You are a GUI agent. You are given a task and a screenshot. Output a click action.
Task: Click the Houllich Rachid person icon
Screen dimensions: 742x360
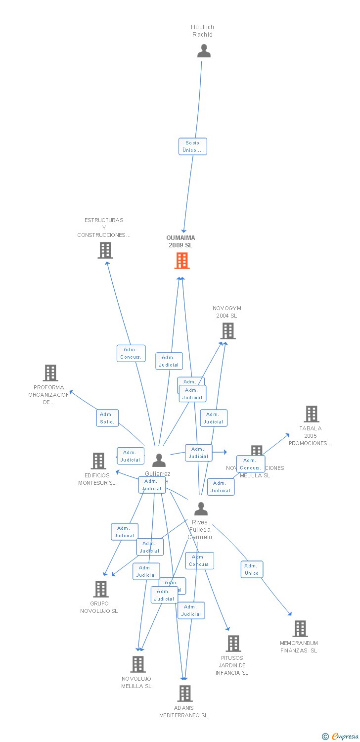coord(204,51)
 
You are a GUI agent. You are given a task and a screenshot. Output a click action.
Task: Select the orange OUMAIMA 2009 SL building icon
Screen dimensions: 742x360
coord(182,261)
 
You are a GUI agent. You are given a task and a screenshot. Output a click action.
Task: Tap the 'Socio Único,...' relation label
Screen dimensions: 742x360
coord(192,146)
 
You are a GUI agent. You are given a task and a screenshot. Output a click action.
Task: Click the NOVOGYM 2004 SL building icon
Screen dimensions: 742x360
coord(227,331)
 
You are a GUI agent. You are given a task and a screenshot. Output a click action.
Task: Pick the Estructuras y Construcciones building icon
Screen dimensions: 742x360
coord(105,250)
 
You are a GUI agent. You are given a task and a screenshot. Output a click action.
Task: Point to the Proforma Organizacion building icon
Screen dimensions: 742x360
coord(50,373)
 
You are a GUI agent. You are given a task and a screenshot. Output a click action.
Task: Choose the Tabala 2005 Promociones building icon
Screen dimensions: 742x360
coord(311,414)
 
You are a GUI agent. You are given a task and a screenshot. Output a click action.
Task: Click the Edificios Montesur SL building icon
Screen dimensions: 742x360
coord(98,461)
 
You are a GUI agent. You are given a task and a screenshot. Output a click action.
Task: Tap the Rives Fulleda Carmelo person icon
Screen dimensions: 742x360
coord(201,509)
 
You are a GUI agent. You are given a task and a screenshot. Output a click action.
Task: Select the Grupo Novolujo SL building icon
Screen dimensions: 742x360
coord(101,589)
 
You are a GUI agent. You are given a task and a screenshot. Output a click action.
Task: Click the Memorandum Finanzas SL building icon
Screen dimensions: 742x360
coord(300,629)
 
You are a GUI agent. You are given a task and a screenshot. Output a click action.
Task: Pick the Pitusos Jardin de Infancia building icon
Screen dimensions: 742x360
coord(233,644)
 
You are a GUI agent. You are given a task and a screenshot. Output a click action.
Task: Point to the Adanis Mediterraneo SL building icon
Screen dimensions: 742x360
coord(184,694)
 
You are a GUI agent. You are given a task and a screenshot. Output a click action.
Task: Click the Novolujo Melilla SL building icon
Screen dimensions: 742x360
coord(137,664)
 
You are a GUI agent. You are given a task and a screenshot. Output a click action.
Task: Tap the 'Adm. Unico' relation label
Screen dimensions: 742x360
coord(252,569)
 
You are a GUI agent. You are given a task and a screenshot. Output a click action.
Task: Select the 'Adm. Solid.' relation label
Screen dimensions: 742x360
coord(107,418)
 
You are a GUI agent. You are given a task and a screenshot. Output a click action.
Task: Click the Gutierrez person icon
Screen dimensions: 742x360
coord(159,461)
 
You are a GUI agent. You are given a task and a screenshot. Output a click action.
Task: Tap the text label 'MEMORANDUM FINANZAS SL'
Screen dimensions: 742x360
coord(299,647)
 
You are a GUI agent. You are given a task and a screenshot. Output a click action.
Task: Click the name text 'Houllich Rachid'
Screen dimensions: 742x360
coord(203,31)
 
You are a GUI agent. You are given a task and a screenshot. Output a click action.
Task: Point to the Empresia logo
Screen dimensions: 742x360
coord(345,737)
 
